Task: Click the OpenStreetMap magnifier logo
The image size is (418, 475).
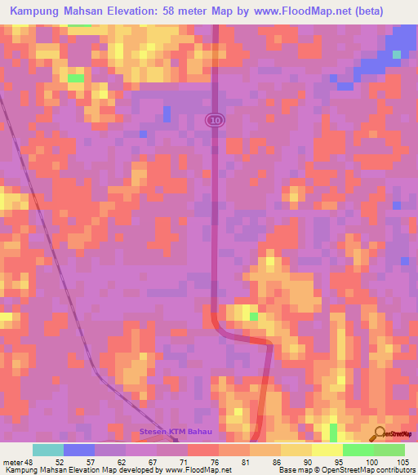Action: click(379, 433)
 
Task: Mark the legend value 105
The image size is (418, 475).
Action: click(401, 462)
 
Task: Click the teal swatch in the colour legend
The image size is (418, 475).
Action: click(48, 450)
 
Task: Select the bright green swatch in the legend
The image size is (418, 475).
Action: click(358, 450)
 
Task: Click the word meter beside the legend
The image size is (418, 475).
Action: click(14, 462)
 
